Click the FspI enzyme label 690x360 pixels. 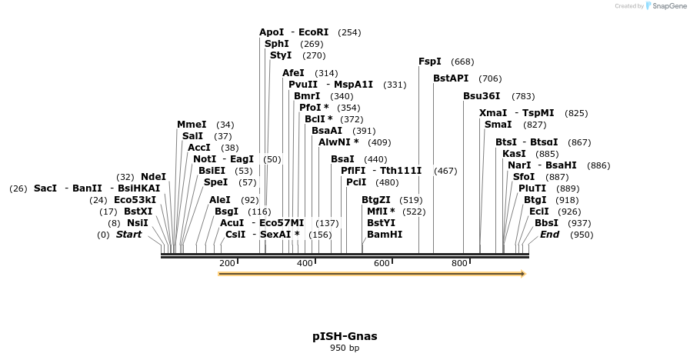click(430, 62)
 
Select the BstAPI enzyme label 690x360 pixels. click(451, 78)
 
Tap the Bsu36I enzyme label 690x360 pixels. click(482, 96)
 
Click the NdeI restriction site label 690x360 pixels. click(153, 177)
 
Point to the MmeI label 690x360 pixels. click(192, 125)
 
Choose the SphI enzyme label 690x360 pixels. click(277, 44)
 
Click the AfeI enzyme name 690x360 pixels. click(294, 73)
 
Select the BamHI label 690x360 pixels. click(385, 235)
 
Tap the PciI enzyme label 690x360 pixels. click(357, 182)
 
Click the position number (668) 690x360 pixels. click(462, 62)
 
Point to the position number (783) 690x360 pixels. click(523, 96)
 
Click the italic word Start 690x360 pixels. click(128, 235)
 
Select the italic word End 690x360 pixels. click(549, 235)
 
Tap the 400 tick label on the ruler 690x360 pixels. click(305, 264)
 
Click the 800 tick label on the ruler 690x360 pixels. click(459, 264)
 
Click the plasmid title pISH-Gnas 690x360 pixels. click(345, 336)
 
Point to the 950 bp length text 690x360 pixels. click(345, 348)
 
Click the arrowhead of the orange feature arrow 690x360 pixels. click(523, 273)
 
